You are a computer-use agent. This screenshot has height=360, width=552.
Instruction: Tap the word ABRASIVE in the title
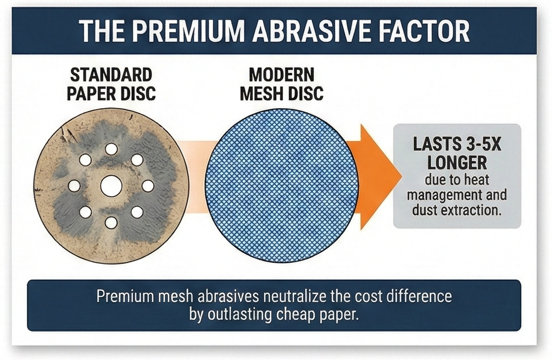[317, 32]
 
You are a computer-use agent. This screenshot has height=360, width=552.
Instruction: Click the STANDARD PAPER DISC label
[111, 83]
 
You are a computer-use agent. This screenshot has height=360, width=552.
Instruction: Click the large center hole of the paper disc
[111, 186]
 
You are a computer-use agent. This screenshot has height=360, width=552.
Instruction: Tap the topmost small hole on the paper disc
[111, 149]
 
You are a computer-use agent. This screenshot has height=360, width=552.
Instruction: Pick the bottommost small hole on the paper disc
[111, 222]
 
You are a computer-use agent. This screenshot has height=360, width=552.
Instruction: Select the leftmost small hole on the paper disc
[74, 186]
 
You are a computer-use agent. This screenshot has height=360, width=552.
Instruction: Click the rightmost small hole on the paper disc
[148, 186]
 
